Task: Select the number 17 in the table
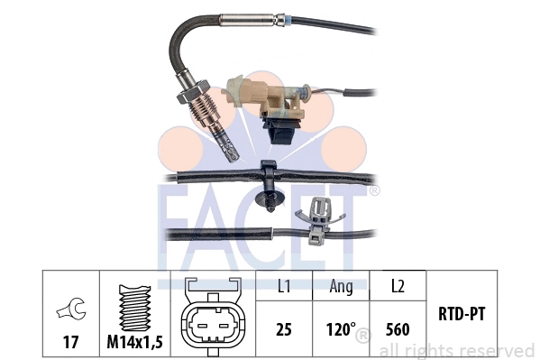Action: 69,343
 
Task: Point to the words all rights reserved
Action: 456,349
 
